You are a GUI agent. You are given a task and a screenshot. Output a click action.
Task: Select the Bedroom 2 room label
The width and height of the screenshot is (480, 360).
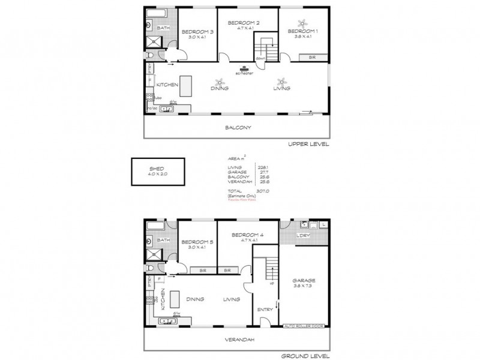[x=238, y=22]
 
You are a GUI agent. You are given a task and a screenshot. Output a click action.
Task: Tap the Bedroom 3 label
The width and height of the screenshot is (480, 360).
[x=197, y=31]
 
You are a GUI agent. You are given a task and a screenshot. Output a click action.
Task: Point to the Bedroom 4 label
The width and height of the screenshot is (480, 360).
[x=238, y=235]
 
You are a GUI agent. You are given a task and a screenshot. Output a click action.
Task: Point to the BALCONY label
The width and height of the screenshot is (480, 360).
[x=238, y=127]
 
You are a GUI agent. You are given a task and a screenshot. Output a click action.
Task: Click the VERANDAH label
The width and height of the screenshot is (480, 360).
[x=238, y=340]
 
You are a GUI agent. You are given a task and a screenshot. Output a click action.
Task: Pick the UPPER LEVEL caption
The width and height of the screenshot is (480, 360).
[x=308, y=145]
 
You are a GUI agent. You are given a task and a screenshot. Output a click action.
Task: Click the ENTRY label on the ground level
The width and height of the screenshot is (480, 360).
[x=265, y=310]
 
